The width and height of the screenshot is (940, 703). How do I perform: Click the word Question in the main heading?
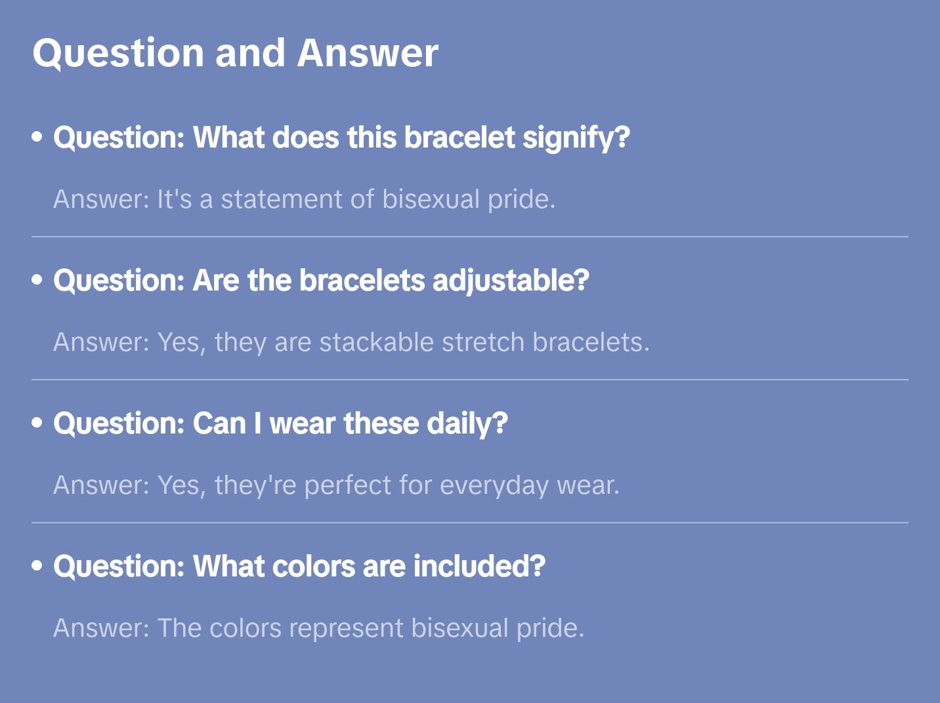(118, 53)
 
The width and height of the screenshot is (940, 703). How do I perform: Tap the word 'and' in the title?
(250, 53)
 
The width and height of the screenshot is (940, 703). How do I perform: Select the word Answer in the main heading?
(368, 53)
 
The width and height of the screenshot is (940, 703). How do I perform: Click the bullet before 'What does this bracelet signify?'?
(37, 137)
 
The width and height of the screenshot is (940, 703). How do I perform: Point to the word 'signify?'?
(576, 138)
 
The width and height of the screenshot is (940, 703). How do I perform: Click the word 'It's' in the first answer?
(174, 199)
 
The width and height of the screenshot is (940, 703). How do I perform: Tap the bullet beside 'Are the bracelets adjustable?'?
(37, 280)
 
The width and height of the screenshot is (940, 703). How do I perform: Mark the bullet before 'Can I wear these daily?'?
(37, 423)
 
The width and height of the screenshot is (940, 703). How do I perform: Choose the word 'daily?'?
(467, 424)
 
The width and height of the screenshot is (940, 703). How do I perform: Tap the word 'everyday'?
(494, 486)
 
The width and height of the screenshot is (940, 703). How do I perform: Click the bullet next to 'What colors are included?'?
(37, 566)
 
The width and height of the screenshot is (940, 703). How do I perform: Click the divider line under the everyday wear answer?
(470, 523)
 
